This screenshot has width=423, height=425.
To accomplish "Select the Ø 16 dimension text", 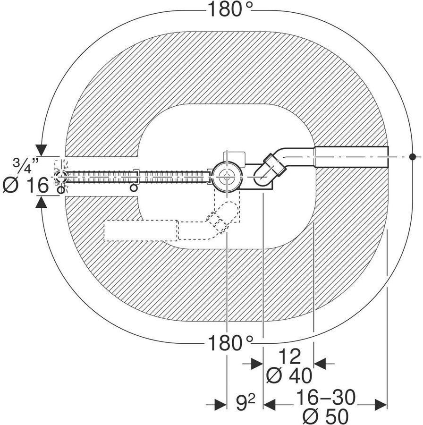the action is pos(26,186).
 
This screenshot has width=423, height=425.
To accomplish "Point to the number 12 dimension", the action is pos(289,357).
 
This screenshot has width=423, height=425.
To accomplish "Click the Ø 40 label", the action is pos(289,376).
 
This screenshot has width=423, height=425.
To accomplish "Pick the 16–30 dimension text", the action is pos(326,397).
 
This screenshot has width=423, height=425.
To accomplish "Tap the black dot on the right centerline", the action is pos(412,157).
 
